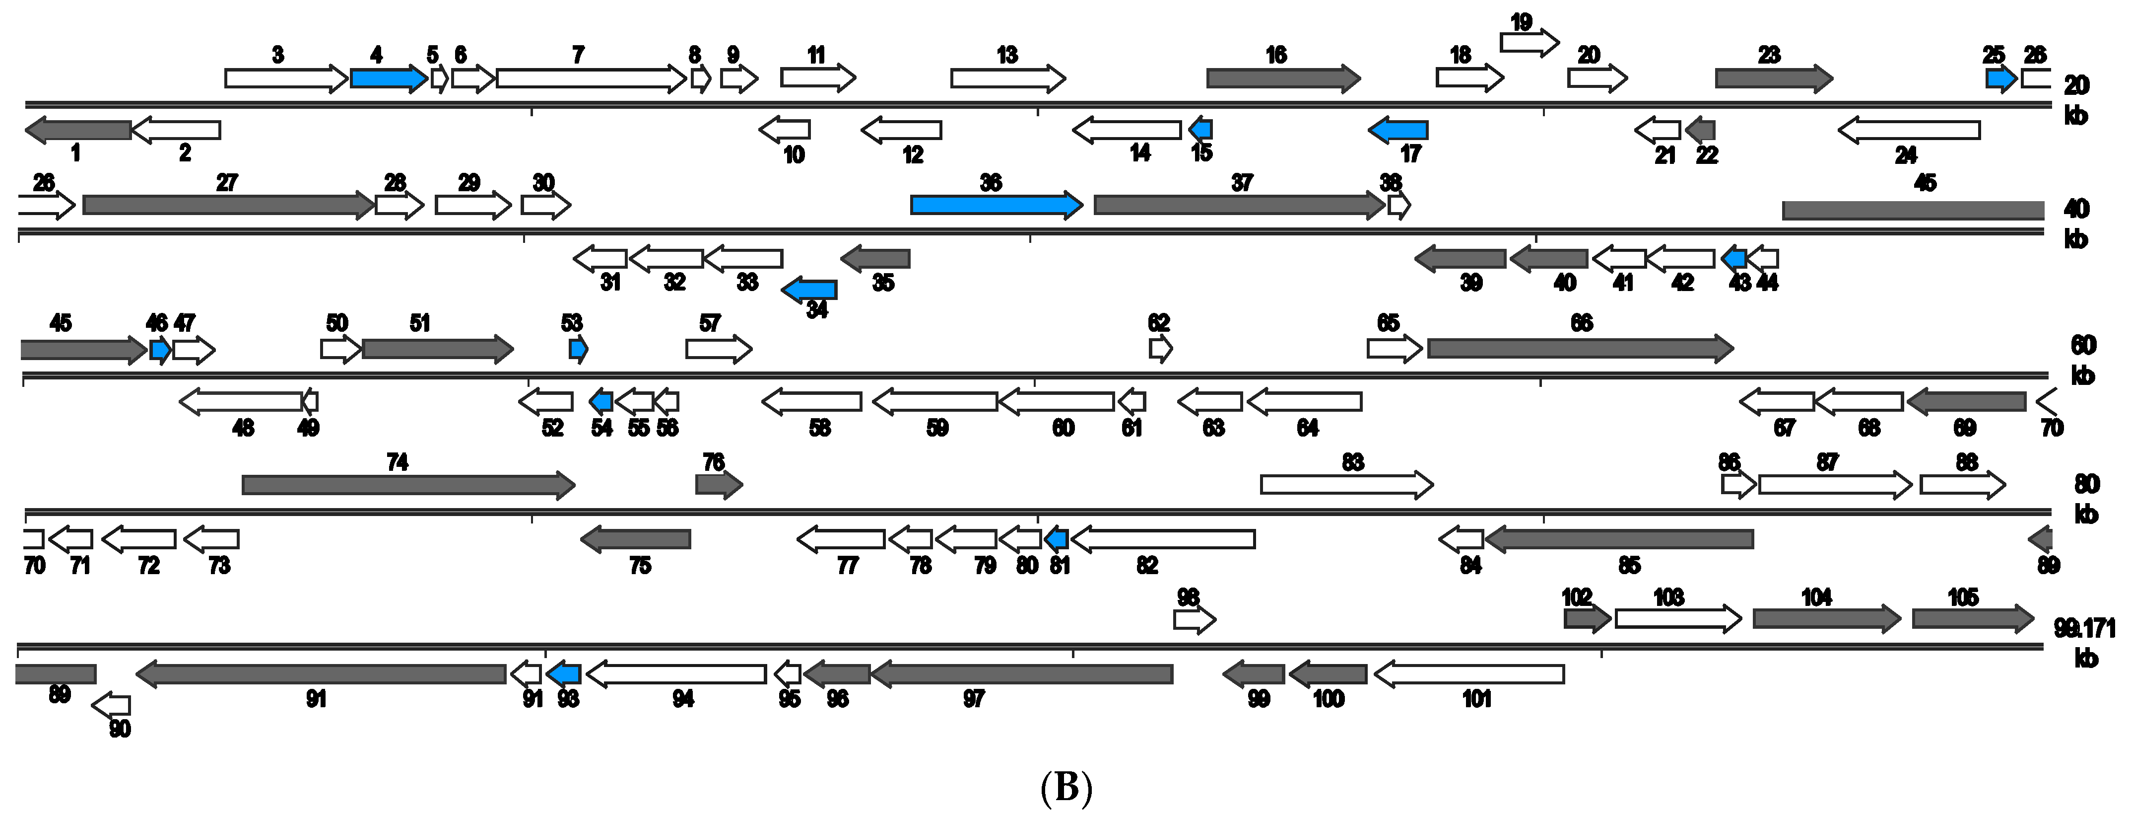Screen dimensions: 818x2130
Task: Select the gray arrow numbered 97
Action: tap(1021, 674)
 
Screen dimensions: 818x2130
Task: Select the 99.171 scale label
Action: tap(2084, 629)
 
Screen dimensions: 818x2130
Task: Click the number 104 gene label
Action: tap(1817, 597)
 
